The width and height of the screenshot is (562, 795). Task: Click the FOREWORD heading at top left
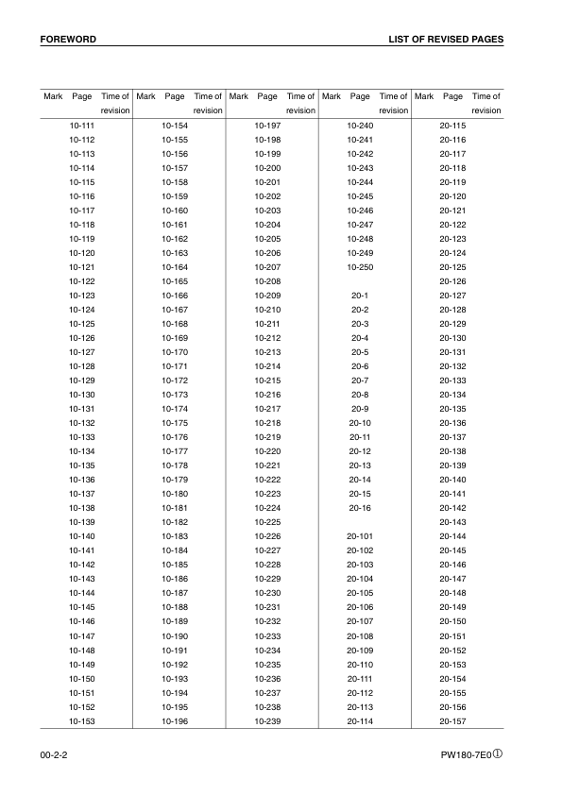click(x=68, y=40)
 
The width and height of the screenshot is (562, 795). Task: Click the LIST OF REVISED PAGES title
click(x=445, y=40)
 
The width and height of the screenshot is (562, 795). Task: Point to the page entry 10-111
click(x=82, y=126)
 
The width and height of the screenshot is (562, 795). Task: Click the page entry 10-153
click(x=82, y=720)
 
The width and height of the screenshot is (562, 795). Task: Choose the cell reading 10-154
click(x=175, y=126)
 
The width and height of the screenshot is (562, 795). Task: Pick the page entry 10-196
click(x=175, y=720)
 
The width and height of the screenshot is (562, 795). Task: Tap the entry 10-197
click(x=267, y=126)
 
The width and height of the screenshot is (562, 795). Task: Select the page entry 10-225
click(x=267, y=522)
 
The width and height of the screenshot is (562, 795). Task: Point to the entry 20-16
click(x=360, y=508)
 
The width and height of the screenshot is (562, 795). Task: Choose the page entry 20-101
click(x=360, y=536)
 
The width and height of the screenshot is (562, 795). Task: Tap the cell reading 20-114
click(x=360, y=720)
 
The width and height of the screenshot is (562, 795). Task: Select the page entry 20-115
click(x=452, y=126)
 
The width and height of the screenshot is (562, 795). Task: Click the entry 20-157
click(x=452, y=720)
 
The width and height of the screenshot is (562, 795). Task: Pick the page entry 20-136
click(x=452, y=423)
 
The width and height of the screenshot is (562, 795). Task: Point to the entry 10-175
click(x=175, y=423)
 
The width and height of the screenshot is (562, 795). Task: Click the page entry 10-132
click(x=82, y=423)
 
